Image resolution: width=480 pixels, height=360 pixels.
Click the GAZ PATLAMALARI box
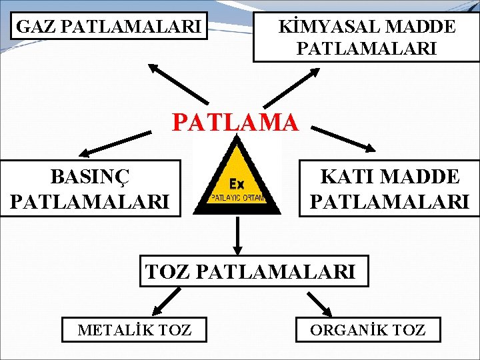pos(109,27)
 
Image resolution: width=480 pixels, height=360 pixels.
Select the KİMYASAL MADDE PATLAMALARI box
pos(366,37)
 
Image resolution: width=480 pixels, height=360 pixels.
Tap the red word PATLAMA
pos(235,122)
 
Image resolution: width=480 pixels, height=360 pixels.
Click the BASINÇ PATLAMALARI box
pos(91,188)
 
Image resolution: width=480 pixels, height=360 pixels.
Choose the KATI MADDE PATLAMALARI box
pos(389,188)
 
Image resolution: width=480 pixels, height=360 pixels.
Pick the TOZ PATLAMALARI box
pos(253,271)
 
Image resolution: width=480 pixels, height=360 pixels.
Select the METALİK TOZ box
pos(134,329)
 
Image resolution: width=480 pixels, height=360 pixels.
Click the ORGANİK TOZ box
pos(368,329)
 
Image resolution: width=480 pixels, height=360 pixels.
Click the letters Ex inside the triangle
pos(237,183)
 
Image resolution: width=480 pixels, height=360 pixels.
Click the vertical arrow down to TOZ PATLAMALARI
pos(237,234)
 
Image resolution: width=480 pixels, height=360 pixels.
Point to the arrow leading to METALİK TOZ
pos(165,301)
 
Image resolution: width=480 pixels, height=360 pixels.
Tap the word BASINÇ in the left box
pos(91,177)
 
